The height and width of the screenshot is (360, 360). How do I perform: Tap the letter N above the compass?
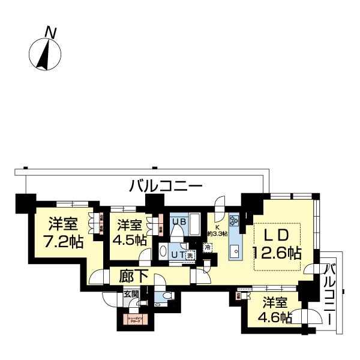click(52, 33)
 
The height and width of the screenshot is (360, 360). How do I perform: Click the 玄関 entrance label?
click(131, 294)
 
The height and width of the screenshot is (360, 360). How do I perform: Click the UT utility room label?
click(178, 254)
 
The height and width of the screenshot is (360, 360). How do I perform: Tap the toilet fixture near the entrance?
click(168, 295)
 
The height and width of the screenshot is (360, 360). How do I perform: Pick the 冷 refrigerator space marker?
click(207, 247)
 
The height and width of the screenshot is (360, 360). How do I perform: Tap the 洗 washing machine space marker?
click(190, 254)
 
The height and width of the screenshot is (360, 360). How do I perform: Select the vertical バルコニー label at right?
click(329, 292)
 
